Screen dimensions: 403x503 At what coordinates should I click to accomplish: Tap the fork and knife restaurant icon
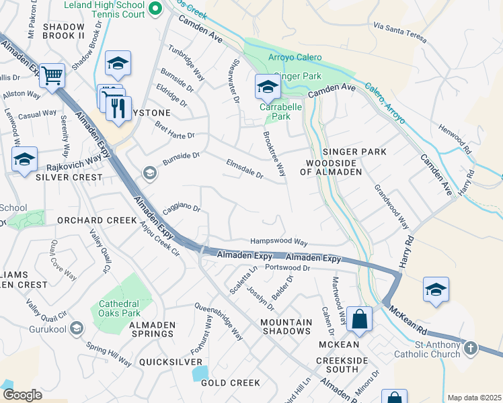click(x=118, y=107)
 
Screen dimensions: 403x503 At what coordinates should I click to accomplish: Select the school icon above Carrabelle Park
click(x=267, y=87)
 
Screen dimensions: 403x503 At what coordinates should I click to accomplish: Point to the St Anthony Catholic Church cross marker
click(x=470, y=348)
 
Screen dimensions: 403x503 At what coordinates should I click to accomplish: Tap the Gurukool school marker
click(x=76, y=328)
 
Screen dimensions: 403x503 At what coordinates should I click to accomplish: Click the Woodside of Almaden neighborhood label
click(x=334, y=168)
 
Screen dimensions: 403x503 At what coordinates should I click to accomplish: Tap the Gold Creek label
click(x=230, y=383)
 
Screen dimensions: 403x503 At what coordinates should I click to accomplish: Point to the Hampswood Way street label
click(x=278, y=242)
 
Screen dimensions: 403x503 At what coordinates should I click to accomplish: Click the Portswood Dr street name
click(x=286, y=268)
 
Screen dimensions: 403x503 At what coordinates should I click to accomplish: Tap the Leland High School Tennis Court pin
click(x=155, y=9)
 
